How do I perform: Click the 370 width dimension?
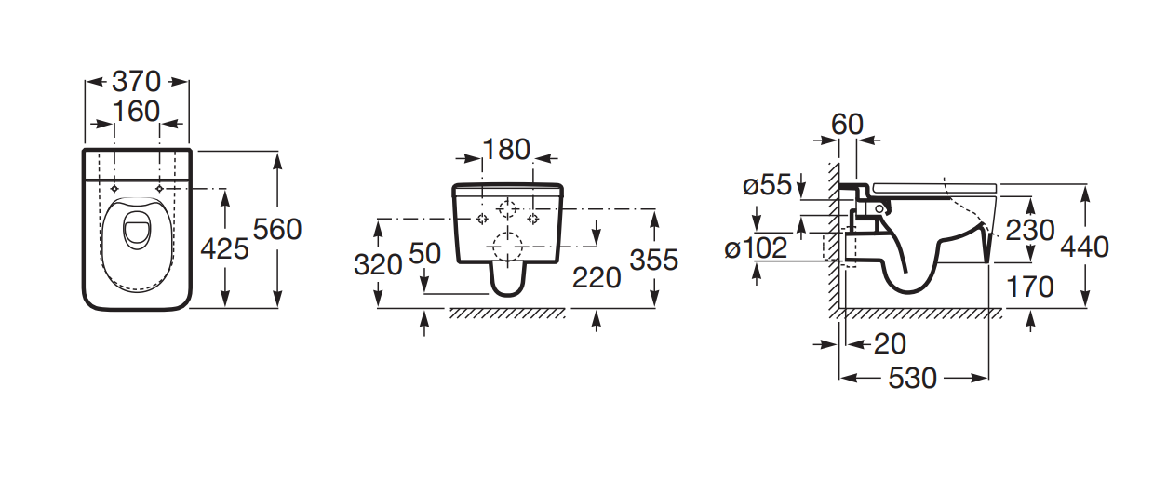coord(137,82)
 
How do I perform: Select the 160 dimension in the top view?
coord(136,112)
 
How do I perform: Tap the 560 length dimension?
coord(277,229)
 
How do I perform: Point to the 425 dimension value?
coord(224,248)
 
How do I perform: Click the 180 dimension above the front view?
coord(506,150)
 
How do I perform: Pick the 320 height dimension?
coord(378,264)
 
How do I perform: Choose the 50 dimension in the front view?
coord(425,253)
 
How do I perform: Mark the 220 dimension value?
coord(597,277)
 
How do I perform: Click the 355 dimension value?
coord(654,260)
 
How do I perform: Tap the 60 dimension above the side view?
coord(847,125)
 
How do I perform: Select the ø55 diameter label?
coord(767,185)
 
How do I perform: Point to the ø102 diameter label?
coord(756,247)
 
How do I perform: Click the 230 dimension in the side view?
coord(1030,230)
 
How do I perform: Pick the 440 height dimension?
coord(1085,247)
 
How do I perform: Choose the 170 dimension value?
coord(1030,287)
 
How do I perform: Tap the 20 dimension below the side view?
coord(890,344)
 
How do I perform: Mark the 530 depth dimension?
coord(912,379)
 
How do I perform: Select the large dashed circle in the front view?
coord(507,247)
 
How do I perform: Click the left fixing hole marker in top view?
coord(114,189)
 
